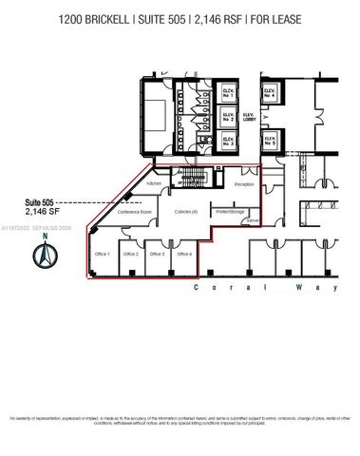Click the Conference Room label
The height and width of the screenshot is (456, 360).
[134, 212]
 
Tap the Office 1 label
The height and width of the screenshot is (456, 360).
[103, 255]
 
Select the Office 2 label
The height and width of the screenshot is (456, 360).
[130, 255]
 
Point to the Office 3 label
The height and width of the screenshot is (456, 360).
[157, 255]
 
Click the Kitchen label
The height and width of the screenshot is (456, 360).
[155, 182]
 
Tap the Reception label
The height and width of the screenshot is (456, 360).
[245, 184]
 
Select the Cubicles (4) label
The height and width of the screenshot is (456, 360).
[186, 212]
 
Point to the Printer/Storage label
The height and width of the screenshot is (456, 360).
[230, 211]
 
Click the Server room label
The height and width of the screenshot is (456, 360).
[253, 221]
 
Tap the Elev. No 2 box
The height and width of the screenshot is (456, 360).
[229, 118]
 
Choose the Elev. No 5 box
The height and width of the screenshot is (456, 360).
[270, 142]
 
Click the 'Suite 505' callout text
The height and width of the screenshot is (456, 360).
[43, 202]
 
